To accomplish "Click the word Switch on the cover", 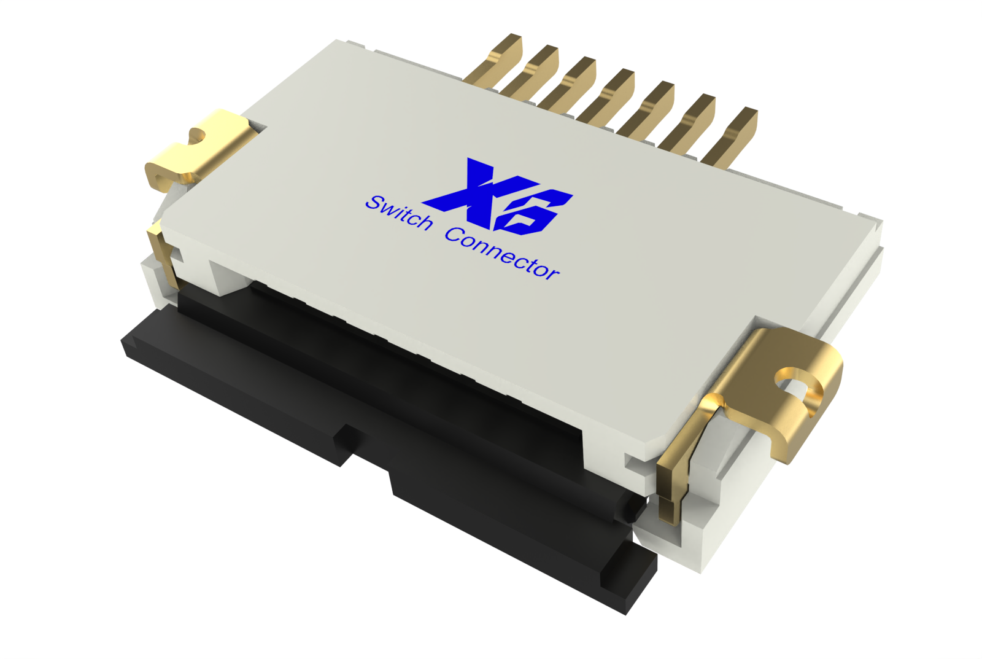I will tap(399, 213).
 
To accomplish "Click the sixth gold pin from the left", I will tap(690, 122).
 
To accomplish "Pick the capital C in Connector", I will tap(455, 235).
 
